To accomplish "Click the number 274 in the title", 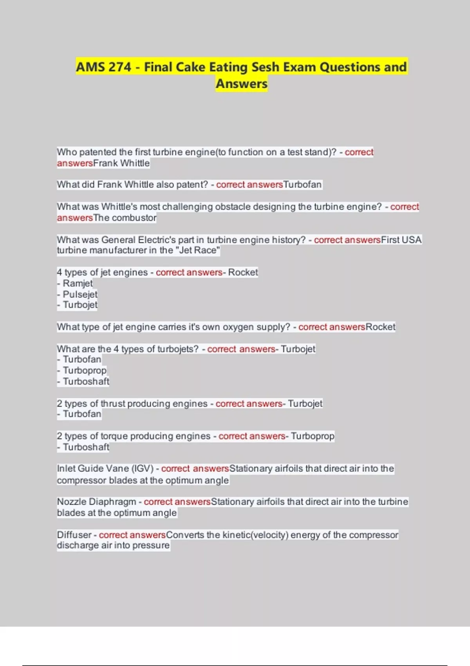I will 120,67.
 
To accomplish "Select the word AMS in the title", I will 90,67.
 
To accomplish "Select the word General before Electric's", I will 118,240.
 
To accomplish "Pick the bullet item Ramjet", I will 78,283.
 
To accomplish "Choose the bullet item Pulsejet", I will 80,294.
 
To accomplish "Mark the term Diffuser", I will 74,535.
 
